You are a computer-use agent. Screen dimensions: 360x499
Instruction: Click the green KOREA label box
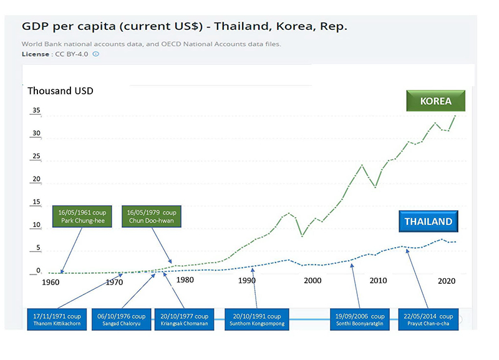pyautogui.click(x=435, y=102)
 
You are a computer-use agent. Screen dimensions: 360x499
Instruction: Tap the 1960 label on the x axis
pyautogui.click(x=51, y=282)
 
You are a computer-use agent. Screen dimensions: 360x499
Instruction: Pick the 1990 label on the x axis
pyautogui.click(x=247, y=281)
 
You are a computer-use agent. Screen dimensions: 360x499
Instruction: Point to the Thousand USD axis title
pyautogui.click(x=61, y=91)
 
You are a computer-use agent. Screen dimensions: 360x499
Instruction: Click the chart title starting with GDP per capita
pyautogui.click(x=185, y=27)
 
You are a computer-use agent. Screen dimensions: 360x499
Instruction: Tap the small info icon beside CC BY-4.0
pyautogui.click(x=95, y=54)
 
